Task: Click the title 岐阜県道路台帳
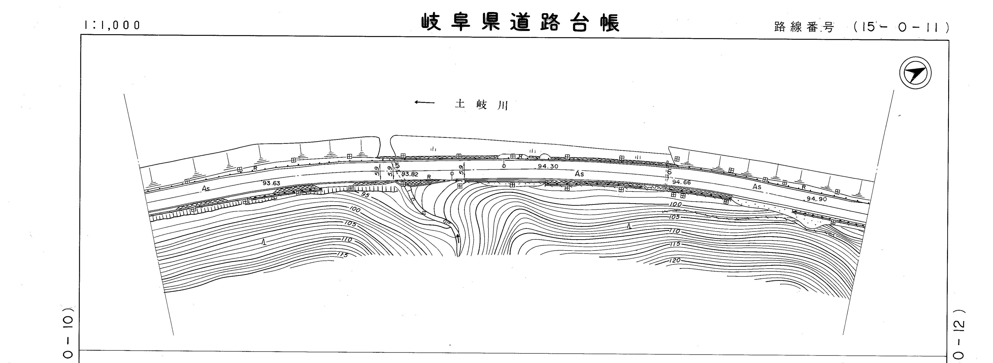(520, 23)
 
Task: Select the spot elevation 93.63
(271, 183)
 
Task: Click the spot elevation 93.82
(409, 174)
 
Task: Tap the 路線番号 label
(804, 27)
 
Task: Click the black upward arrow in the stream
(458, 237)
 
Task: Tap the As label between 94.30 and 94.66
(579, 174)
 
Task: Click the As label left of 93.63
(206, 189)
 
